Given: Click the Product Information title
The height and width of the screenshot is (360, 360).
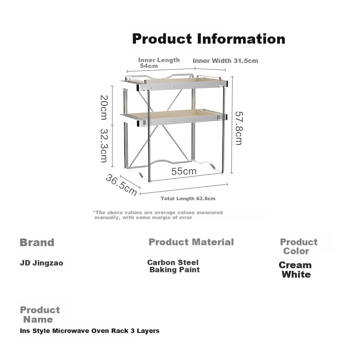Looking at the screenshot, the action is [208, 39].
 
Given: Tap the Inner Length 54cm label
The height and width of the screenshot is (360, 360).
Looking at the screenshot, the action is [159, 63].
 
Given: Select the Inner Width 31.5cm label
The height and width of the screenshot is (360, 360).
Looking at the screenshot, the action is [225, 61].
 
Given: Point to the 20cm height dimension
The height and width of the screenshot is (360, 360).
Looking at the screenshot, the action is [104, 108].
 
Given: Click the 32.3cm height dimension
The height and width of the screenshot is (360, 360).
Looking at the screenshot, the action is [104, 145].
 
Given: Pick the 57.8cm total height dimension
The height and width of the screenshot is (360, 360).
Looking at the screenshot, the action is [239, 128].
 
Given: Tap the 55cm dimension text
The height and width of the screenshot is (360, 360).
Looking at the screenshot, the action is [184, 171].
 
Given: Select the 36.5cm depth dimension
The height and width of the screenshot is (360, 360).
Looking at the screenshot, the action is [121, 185].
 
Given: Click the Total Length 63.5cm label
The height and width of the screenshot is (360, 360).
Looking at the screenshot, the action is [188, 198].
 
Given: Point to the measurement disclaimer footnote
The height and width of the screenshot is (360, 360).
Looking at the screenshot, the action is [158, 215].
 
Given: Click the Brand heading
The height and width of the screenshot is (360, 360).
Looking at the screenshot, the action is [37, 243].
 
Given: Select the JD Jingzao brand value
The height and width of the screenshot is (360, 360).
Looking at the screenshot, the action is [41, 263].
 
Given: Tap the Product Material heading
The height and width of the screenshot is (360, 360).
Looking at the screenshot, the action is [191, 242].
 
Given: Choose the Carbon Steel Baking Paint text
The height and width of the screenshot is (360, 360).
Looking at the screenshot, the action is [174, 266].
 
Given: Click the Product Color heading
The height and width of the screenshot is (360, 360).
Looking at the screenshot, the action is [298, 246].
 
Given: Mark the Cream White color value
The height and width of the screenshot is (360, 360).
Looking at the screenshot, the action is [295, 270].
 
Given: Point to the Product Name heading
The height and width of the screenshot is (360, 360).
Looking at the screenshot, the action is [40, 315].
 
